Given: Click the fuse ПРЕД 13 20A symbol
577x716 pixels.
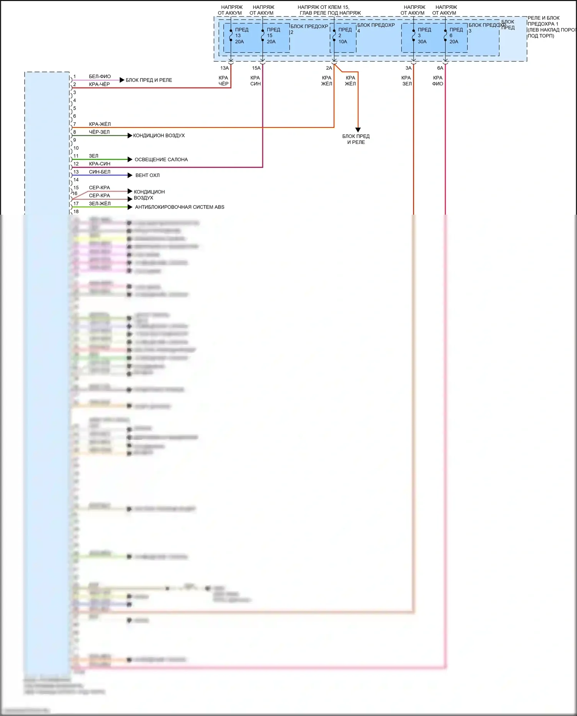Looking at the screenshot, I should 231,35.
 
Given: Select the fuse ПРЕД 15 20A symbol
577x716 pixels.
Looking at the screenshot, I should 263,35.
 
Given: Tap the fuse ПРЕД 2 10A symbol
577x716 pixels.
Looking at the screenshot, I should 334,35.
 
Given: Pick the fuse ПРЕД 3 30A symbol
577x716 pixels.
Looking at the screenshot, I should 414,35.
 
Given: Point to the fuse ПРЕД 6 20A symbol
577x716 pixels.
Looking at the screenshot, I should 445,35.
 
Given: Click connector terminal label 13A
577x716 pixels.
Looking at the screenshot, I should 224,68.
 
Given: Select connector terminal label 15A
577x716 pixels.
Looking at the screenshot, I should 256,68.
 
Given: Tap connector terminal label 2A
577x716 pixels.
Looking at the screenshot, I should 329,68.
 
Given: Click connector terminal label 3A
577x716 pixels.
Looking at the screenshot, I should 409,68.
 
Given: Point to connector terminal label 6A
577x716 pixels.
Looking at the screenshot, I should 440,68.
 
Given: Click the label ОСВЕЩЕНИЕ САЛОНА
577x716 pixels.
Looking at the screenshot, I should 161,160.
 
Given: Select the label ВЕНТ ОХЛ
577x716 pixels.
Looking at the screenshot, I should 147,175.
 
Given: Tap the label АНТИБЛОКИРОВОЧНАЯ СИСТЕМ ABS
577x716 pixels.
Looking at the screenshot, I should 180,207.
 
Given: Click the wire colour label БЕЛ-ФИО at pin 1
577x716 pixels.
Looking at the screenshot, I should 100,77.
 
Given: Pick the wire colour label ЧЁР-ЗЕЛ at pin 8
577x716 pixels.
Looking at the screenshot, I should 99,132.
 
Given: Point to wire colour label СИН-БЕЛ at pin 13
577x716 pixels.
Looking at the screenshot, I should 100,172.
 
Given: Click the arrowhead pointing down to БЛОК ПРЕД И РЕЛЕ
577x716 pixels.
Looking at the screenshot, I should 358,130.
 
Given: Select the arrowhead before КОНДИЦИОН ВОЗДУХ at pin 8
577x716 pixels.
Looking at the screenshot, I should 130,135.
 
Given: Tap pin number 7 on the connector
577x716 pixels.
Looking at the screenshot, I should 75,124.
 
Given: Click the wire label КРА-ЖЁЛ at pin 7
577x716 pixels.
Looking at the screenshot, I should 100,124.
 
